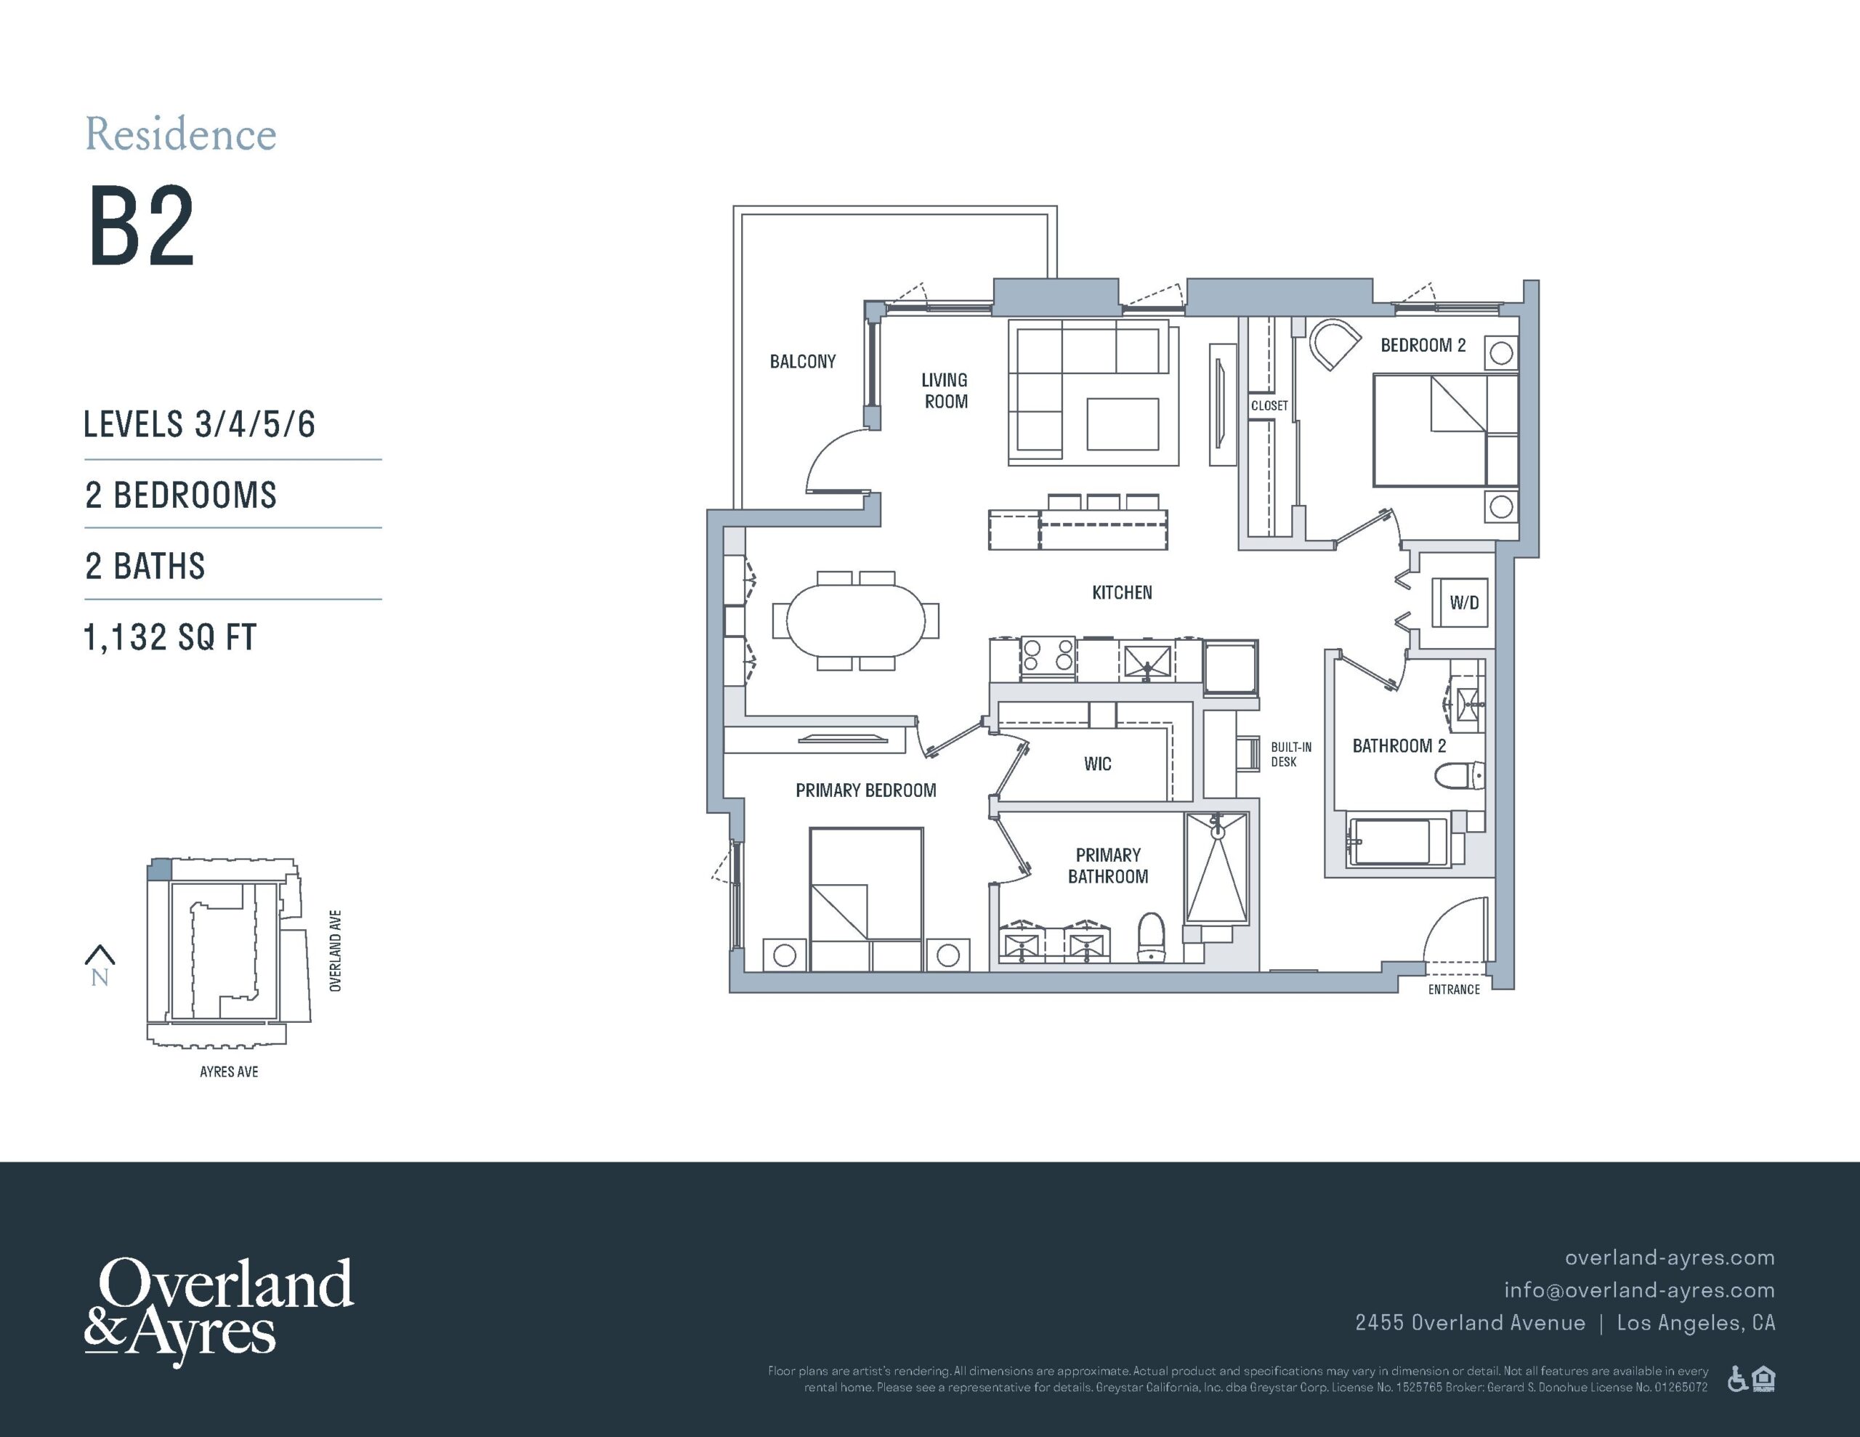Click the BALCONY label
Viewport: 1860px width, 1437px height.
(x=802, y=361)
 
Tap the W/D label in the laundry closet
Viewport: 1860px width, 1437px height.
(x=1464, y=603)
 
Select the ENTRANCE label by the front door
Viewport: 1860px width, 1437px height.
(x=1454, y=989)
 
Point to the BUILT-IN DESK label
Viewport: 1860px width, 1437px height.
(x=1291, y=754)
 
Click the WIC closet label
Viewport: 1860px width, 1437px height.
(x=1097, y=764)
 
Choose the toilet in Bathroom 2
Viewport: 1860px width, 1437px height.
(x=1460, y=776)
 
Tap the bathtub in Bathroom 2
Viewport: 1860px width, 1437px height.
(x=1396, y=841)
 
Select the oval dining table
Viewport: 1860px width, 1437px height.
(x=855, y=620)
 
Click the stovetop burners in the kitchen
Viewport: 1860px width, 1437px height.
(x=1048, y=657)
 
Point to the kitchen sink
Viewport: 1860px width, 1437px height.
(x=1147, y=661)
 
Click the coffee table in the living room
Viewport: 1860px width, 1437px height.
(x=1123, y=424)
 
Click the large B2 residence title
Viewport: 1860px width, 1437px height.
(x=142, y=227)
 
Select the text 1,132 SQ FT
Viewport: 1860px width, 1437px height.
(x=169, y=637)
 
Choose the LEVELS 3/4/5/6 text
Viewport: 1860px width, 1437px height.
(x=199, y=424)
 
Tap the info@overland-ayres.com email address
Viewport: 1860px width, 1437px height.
(x=1639, y=1290)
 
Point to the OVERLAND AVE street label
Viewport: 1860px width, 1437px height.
(x=336, y=951)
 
